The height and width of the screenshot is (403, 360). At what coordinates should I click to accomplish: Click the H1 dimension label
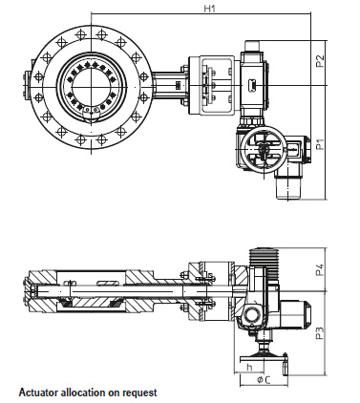(209, 9)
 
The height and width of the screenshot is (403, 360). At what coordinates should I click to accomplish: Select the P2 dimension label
(320, 61)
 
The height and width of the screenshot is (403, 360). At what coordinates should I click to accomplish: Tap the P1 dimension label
(320, 144)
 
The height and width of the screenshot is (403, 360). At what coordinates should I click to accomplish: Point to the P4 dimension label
(320, 269)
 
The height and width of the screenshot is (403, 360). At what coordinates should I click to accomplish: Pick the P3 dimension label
(320, 331)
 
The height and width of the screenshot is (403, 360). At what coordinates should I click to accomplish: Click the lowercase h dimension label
(249, 367)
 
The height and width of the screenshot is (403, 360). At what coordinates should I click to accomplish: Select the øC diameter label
(264, 379)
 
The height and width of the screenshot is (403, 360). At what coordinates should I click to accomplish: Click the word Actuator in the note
(38, 392)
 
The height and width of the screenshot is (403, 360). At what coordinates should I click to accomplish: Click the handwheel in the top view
(260, 150)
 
